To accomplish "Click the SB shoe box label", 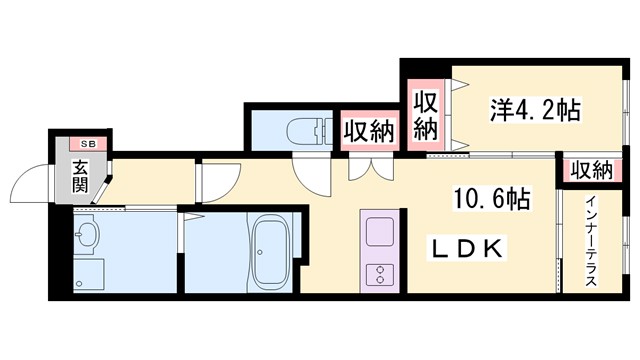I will coord(76,144).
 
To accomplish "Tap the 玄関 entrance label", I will coord(79,177).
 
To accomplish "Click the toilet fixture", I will coord(306,130).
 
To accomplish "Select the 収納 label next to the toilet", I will coord(368,130).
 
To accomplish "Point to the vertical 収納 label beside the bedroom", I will coord(425,114).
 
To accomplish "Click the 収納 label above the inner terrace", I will coord(591,170).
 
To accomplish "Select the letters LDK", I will coord(467,247).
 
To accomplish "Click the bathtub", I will coord(270,251).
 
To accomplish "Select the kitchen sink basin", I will coord(380,231).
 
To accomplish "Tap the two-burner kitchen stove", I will coord(380,272).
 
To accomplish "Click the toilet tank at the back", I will coord(326,129).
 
